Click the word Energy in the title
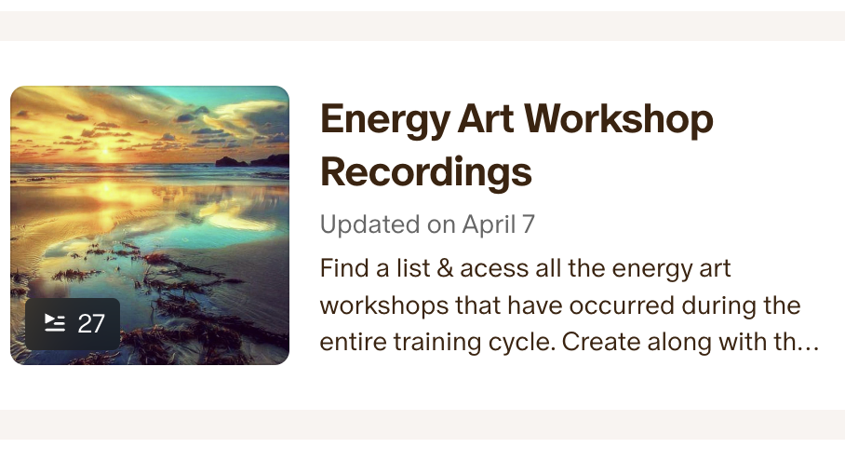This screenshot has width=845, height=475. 384,121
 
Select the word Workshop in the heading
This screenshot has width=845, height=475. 619,121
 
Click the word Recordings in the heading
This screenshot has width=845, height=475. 425,173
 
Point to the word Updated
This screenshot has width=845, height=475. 369,224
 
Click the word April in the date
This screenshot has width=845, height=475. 489,225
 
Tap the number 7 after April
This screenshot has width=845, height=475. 529,224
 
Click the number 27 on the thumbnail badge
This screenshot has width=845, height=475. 91,324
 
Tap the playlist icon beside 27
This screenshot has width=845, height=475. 55,323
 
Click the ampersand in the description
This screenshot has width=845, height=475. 445,268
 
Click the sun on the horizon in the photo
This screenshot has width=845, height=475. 105,153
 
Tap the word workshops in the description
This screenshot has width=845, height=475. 383,306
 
